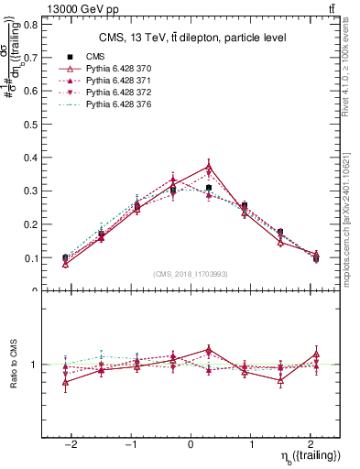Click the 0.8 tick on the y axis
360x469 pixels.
(29, 25)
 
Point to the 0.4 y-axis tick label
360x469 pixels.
(29, 158)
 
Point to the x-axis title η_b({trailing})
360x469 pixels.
(307, 456)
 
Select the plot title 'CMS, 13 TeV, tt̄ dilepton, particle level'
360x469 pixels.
(192, 38)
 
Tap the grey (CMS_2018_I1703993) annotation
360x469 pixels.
(191, 274)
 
